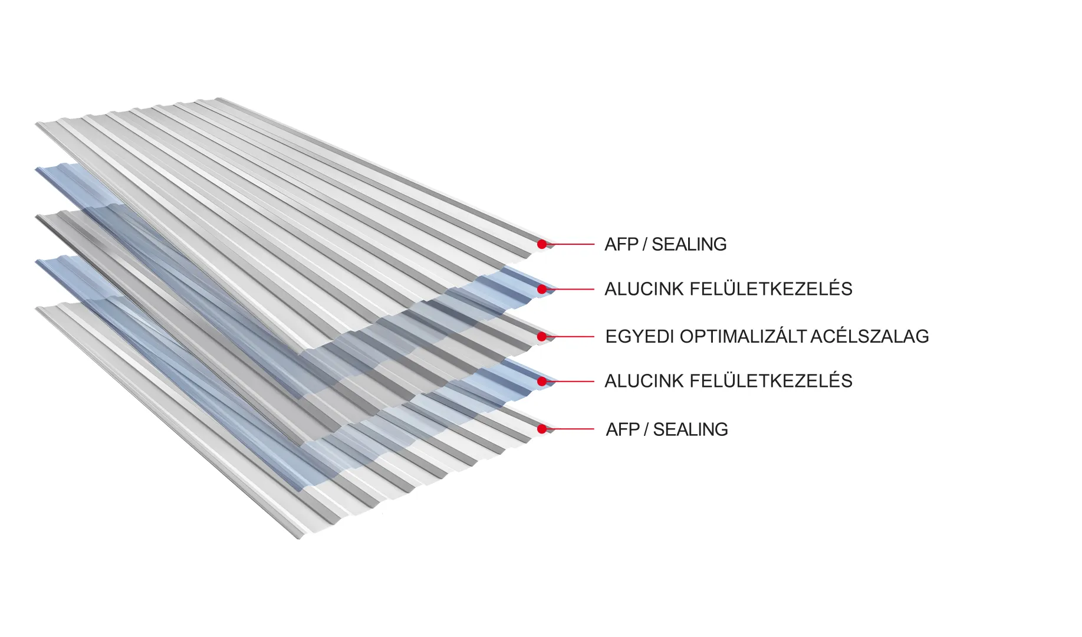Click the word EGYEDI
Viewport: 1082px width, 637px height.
coord(639,337)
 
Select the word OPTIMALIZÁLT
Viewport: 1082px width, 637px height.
coord(743,337)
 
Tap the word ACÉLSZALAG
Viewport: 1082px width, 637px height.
coord(870,337)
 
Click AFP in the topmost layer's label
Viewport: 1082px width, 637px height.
coord(621,244)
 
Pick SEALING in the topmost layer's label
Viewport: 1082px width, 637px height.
coord(689,244)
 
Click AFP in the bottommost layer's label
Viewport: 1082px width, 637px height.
coord(623,429)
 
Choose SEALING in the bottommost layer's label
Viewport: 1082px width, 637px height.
coord(690,429)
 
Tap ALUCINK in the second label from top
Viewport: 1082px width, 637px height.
coord(644,289)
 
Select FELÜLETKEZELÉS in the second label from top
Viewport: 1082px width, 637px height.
coord(771,289)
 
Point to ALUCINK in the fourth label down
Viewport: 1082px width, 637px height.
coord(644,381)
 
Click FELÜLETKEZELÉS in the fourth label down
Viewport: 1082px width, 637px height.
coord(771,381)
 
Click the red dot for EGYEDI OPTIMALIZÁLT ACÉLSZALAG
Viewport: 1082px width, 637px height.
coord(542,337)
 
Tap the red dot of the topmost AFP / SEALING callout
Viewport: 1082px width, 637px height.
coord(542,244)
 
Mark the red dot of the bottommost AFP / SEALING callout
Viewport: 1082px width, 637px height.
coord(542,429)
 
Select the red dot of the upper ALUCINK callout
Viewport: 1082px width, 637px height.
coord(542,289)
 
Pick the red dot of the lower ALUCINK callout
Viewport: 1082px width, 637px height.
coord(542,382)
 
